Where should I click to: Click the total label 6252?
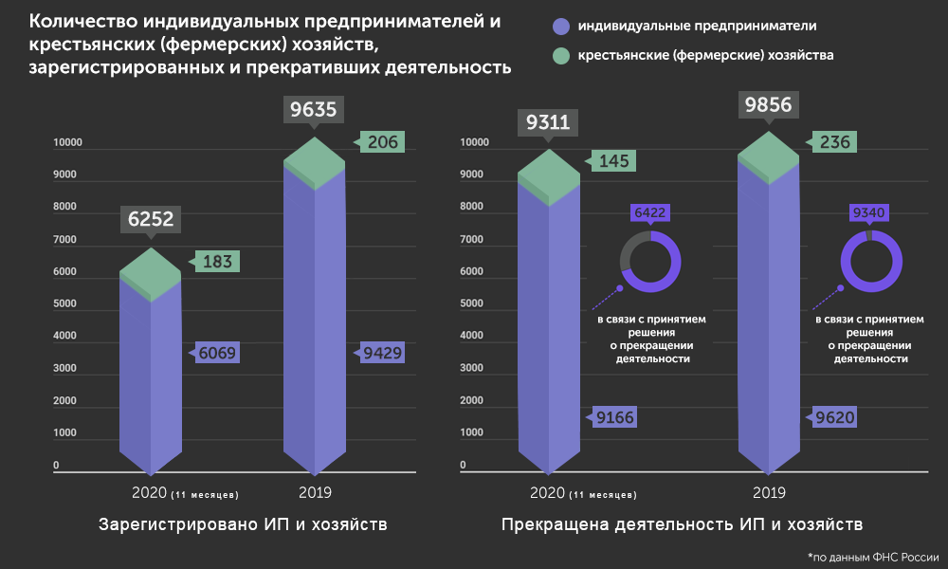[x=151, y=220]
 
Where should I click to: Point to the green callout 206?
[x=384, y=142]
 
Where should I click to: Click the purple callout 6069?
[x=217, y=354]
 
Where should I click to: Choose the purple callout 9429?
[x=383, y=354]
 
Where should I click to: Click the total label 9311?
[x=548, y=121]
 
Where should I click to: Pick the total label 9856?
[x=769, y=104]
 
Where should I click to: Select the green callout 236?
[x=835, y=142]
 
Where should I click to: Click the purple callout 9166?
[x=615, y=416]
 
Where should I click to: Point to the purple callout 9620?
[x=836, y=416]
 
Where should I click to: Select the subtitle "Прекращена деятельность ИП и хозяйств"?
[x=683, y=524]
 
